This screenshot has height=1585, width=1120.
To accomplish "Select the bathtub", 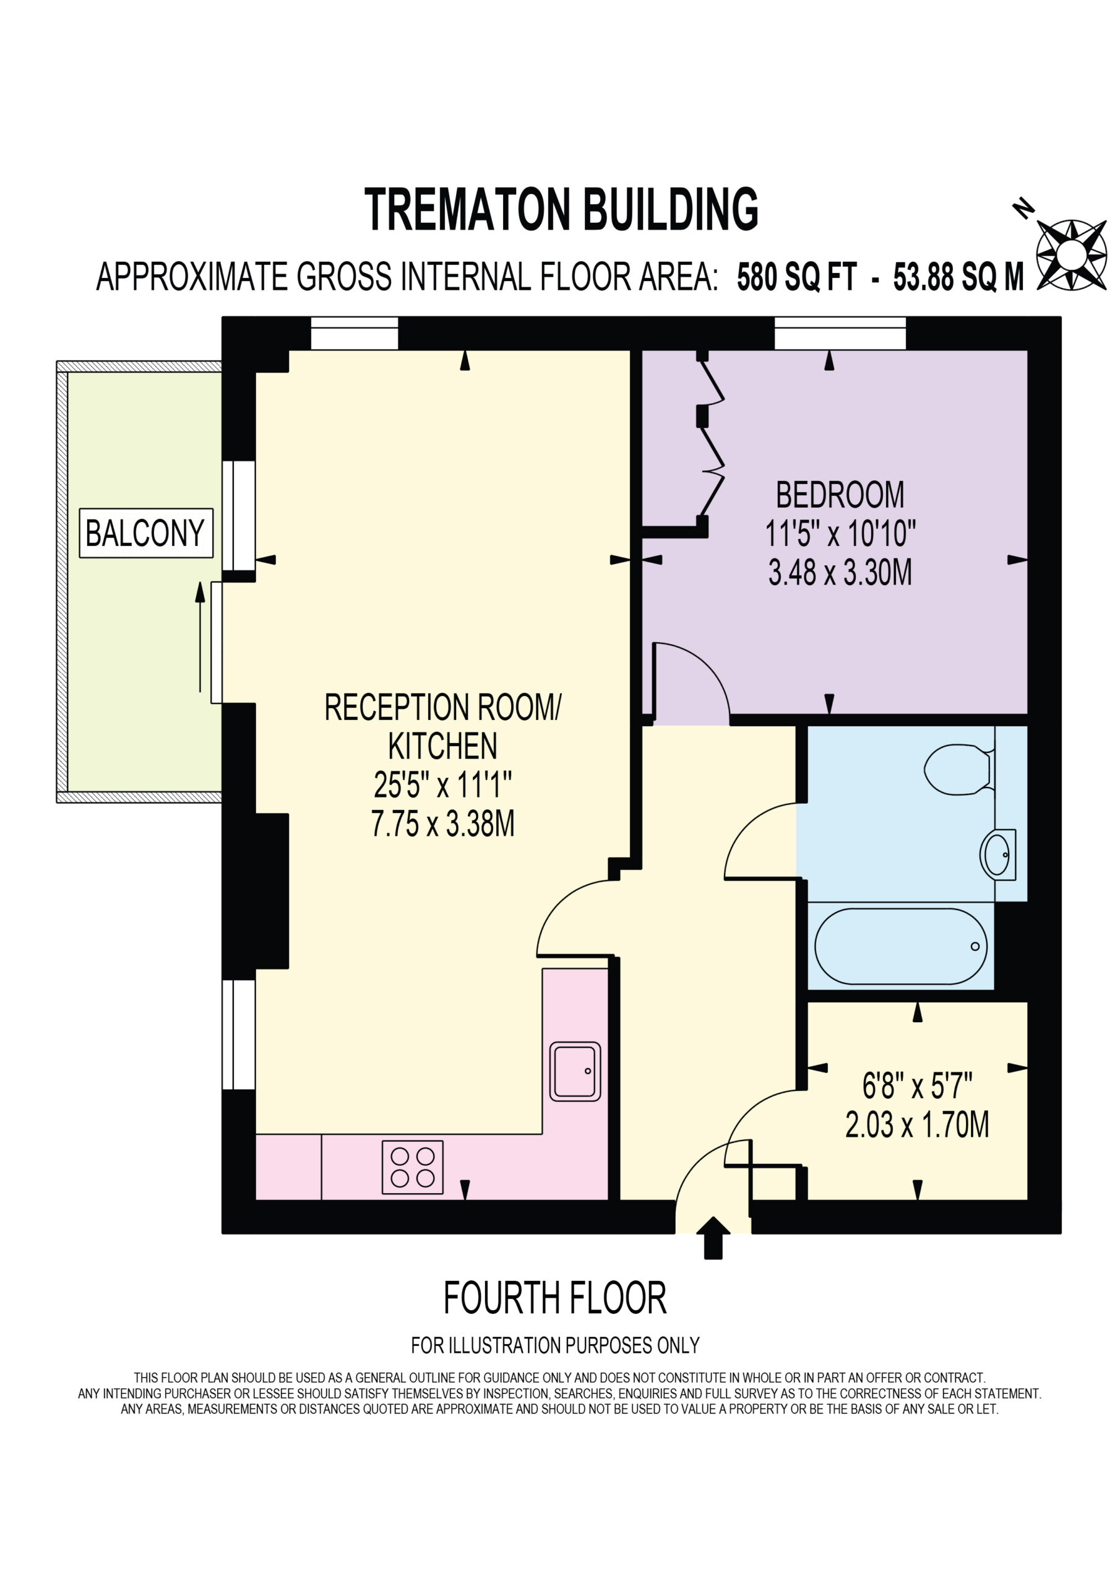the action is click(900, 947).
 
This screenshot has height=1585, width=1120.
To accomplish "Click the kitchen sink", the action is click(575, 1070).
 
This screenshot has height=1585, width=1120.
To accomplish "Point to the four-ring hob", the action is click(413, 1166).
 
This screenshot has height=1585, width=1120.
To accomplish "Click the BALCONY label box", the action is click(146, 533).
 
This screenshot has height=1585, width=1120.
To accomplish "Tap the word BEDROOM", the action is click(840, 495).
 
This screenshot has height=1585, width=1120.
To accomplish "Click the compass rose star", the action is click(1072, 254).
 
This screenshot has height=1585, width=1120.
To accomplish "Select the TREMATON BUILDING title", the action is click(561, 209).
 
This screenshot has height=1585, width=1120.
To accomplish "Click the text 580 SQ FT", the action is click(797, 277).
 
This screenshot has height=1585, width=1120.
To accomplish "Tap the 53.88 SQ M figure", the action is click(958, 277).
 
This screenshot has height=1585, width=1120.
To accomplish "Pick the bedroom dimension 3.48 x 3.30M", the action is click(840, 573).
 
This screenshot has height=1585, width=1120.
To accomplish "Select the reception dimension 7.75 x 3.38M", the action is click(442, 823).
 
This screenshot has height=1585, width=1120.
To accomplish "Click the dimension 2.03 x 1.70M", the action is click(917, 1124).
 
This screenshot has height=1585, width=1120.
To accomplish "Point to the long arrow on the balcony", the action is click(200, 636).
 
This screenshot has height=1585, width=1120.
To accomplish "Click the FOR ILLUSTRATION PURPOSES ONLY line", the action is click(555, 1345).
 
